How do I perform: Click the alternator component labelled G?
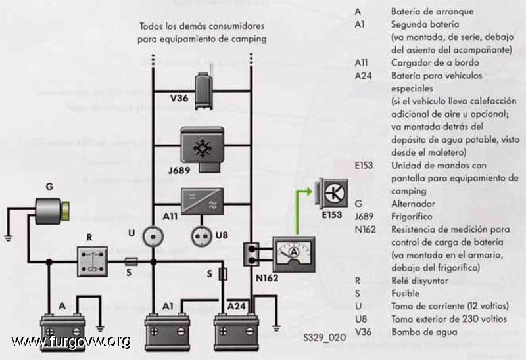click(53, 211)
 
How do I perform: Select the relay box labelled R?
click(92, 261)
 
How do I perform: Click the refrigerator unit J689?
click(203, 149)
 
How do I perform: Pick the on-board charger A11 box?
click(203, 201)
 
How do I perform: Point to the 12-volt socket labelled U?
click(153, 236)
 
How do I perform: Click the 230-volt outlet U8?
click(201, 236)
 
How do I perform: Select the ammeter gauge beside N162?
click(293, 254)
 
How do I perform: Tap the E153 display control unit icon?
click(331, 192)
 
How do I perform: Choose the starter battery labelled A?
click(62, 332)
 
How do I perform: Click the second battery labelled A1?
click(167, 332)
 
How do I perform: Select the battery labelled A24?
click(237, 332)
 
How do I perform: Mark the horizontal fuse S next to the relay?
click(131, 261)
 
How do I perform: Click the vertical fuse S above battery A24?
click(223, 274)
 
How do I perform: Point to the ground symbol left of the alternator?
click(9, 238)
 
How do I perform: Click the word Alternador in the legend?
click(413, 204)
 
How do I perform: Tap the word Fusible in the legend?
click(405, 294)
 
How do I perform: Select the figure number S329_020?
click(324, 337)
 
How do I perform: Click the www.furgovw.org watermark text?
click(71, 342)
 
